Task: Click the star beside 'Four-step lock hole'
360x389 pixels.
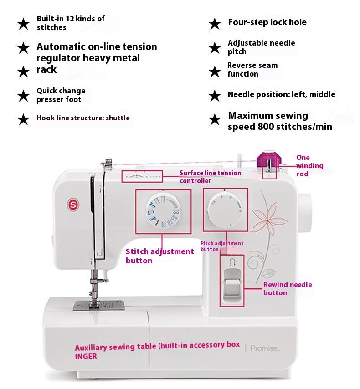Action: (x=215, y=24)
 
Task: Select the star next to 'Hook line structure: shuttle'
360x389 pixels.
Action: (x=23, y=119)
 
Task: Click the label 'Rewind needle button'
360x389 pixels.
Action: (x=287, y=288)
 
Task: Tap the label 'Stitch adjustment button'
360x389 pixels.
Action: (x=159, y=256)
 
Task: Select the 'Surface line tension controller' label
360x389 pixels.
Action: (x=210, y=177)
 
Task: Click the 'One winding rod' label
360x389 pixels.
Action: (x=309, y=166)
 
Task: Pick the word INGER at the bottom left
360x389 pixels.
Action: (x=86, y=356)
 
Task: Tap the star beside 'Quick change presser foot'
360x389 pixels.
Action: (x=23, y=96)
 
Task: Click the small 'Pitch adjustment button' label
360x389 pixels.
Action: (x=222, y=246)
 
